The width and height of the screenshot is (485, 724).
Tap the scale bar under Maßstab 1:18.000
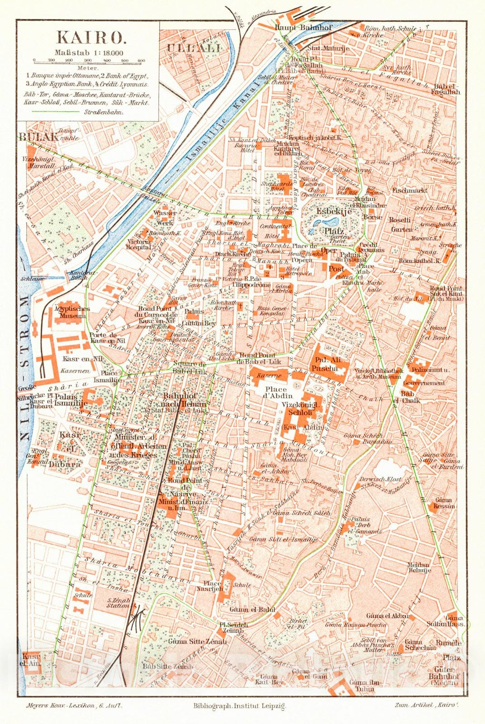point(88,60)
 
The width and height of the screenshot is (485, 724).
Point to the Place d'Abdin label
point(276,393)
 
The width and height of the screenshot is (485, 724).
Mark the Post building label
point(336,269)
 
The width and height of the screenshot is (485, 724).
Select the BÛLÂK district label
point(38,137)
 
